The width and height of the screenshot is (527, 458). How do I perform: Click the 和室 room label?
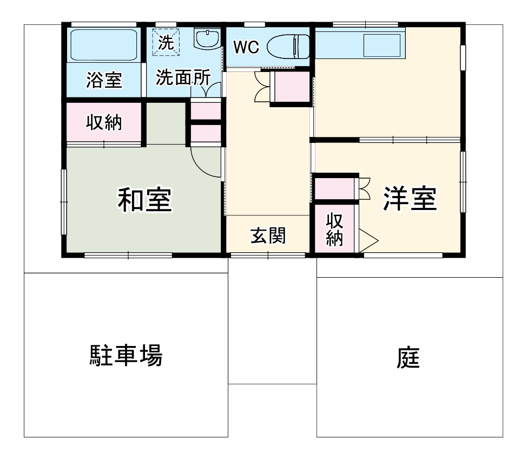[x=144, y=200]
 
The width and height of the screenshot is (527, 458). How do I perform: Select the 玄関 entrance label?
[x=268, y=235]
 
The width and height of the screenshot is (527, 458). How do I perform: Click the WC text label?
[x=246, y=48]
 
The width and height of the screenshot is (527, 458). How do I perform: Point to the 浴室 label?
[x=104, y=80]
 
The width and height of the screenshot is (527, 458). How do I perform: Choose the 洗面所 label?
[x=182, y=77]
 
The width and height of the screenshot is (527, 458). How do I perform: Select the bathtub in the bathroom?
[x=103, y=45]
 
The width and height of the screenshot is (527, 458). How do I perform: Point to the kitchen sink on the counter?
[x=381, y=45]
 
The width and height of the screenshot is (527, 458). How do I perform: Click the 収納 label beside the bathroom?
[x=104, y=122]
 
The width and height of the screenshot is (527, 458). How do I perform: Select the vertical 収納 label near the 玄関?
[x=335, y=230]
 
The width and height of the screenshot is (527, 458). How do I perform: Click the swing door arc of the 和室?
[x=206, y=162]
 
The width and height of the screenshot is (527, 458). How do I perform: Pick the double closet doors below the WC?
[x=261, y=87]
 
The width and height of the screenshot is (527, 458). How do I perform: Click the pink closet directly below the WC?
[x=291, y=87]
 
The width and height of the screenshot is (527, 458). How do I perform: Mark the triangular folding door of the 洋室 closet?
[x=368, y=240]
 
